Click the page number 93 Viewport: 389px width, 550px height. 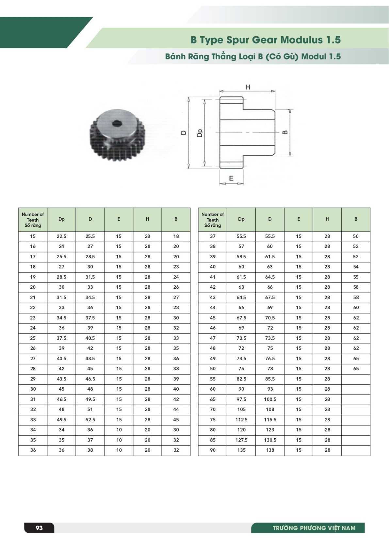pos(39,528)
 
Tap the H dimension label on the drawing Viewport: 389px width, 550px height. pos(248,87)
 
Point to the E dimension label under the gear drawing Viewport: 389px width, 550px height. pos(231,178)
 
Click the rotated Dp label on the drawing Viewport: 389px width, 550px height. pos(200,133)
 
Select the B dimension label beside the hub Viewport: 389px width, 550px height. pos(285,132)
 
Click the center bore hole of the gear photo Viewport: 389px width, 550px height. pos(117,123)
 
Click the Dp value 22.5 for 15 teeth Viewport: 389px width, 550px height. pos(61,236)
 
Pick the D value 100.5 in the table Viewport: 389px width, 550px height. pos(270,399)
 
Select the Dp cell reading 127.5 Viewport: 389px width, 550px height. pos(241,440)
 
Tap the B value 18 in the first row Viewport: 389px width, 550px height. pos(176,236)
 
